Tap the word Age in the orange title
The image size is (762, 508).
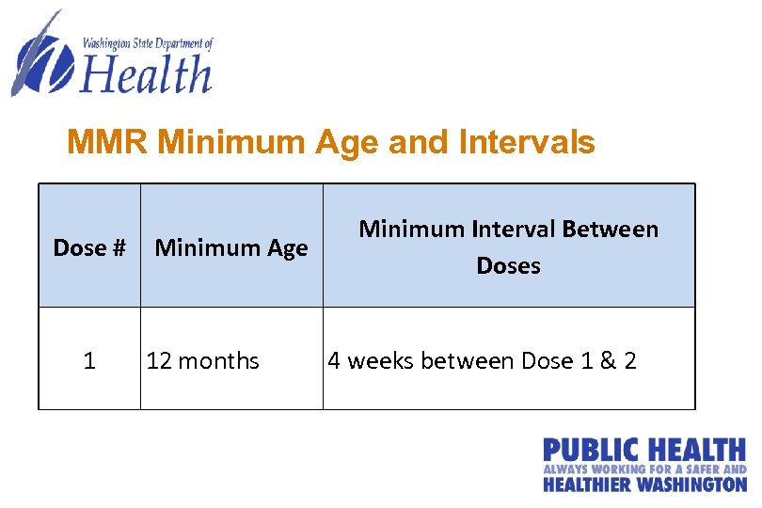[345, 143]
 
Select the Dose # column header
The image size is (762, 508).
[89, 248]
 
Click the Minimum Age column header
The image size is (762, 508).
[230, 248]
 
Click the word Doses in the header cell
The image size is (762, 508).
[508, 266]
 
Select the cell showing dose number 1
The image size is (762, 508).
[89, 361]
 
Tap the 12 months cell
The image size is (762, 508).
[202, 361]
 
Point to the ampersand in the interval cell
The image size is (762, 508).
[607, 361]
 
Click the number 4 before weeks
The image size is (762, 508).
[334, 361]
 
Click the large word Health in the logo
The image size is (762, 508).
[147, 74]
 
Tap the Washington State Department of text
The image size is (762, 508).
[148, 43]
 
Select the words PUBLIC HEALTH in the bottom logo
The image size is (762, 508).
[644, 451]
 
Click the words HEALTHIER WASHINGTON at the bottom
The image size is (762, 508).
[644, 484]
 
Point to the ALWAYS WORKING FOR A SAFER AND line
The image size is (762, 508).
[644, 468]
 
